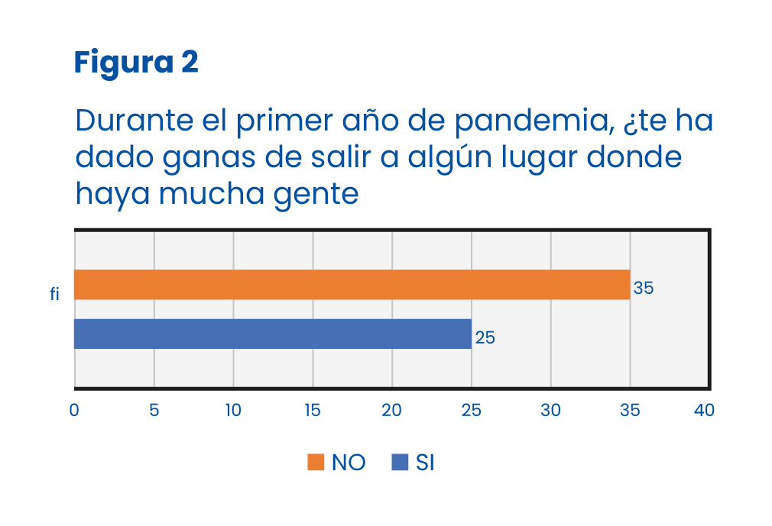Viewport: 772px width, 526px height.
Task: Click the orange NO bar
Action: click(x=352, y=285)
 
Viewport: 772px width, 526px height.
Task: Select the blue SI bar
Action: click(x=272, y=334)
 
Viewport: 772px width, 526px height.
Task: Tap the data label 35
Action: click(x=644, y=289)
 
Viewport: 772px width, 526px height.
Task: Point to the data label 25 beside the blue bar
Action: click(x=485, y=337)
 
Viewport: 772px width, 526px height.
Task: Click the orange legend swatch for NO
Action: click(x=316, y=463)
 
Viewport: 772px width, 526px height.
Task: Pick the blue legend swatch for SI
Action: click(x=399, y=463)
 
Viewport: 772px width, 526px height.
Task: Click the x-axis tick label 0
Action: click(x=74, y=411)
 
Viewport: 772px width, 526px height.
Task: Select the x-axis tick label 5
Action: click(x=154, y=411)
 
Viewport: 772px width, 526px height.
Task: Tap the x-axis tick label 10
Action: click(x=233, y=411)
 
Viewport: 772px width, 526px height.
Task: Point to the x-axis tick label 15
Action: click(x=313, y=411)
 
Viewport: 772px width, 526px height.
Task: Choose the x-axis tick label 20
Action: click(x=392, y=411)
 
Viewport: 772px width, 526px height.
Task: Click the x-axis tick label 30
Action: click(x=551, y=411)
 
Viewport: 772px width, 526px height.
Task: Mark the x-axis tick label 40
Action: click(x=704, y=411)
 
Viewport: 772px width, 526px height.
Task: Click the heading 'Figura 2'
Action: click(x=136, y=63)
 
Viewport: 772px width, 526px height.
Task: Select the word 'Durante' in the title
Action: click(x=127, y=122)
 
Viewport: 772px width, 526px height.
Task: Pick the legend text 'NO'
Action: click(x=349, y=463)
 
